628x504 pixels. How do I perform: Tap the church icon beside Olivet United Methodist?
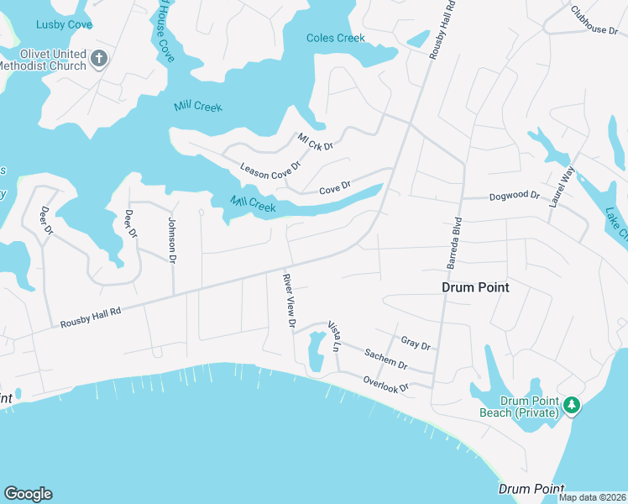99,60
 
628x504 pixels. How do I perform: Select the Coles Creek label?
336,38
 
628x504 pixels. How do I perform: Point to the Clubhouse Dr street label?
594,21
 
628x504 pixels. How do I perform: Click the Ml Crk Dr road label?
316,141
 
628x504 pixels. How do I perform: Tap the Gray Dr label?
416,344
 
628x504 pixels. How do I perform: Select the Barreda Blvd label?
453,244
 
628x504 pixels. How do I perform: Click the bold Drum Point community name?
475,287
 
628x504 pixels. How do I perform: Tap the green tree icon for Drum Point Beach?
572,406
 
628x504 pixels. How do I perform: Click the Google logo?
28,494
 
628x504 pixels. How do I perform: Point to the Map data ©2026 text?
591,497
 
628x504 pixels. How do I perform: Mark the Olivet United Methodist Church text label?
44,60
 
